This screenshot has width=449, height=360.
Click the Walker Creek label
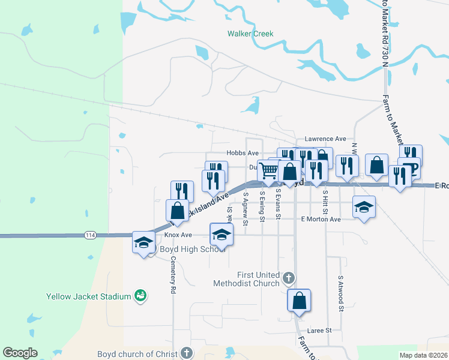pyautogui.click(x=250, y=34)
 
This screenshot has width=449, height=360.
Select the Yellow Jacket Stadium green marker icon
pyautogui.click(x=140, y=296)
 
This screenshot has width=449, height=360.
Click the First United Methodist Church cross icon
pyautogui.click(x=289, y=278)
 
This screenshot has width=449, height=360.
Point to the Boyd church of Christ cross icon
pyautogui.click(x=187, y=353)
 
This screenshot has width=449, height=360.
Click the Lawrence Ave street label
pyautogui.click(x=325, y=139)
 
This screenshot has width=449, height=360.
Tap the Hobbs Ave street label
pyautogui.click(x=243, y=154)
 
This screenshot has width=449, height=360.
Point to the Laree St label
pyautogui.click(x=320, y=331)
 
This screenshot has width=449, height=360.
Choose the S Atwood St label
pyautogui.click(x=340, y=293)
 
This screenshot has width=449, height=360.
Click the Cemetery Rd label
pyautogui.click(x=173, y=274)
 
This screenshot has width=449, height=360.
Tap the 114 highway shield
pyautogui.click(x=90, y=233)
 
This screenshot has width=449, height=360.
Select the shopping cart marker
pyautogui.click(x=268, y=170)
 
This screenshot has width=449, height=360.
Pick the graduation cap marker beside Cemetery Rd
pyautogui.click(x=143, y=242)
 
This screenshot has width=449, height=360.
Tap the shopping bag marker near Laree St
pyautogui.click(x=299, y=300)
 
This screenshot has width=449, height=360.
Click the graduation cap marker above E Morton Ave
pyautogui.click(x=364, y=206)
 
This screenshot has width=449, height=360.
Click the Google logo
pyautogui.click(x=20, y=353)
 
